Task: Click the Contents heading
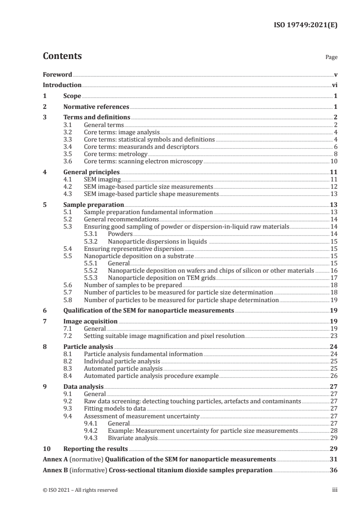tap(62, 56)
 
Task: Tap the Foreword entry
tap(57, 74)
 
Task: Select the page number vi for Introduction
tap(334, 85)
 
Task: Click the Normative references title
tap(96, 107)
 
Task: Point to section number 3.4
tap(68, 147)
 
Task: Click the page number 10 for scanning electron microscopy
tap(334, 161)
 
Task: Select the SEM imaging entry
tap(100, 180)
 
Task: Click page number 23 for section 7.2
tap(334, 336)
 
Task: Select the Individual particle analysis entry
tap(122, 361)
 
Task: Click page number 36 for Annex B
tap(334, 470)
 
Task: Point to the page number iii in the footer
tap(335, 490)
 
